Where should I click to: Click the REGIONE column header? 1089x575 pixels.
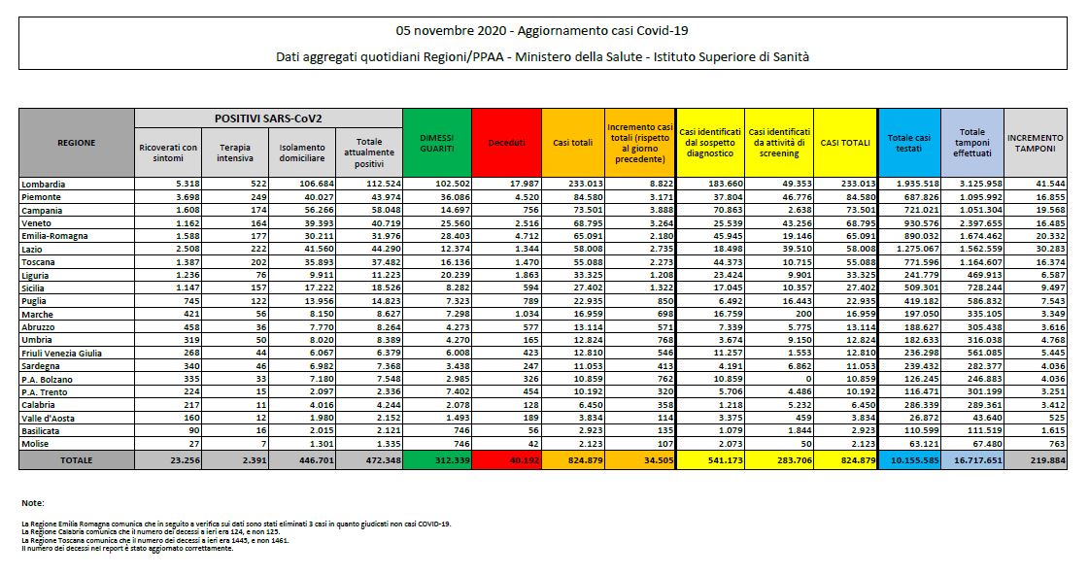[76, 142]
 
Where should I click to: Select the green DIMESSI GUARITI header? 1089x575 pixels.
[436, 142]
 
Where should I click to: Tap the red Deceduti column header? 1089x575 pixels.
[505, 142]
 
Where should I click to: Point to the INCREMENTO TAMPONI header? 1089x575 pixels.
[1035, 142]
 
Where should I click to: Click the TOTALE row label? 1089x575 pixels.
[76, 459]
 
